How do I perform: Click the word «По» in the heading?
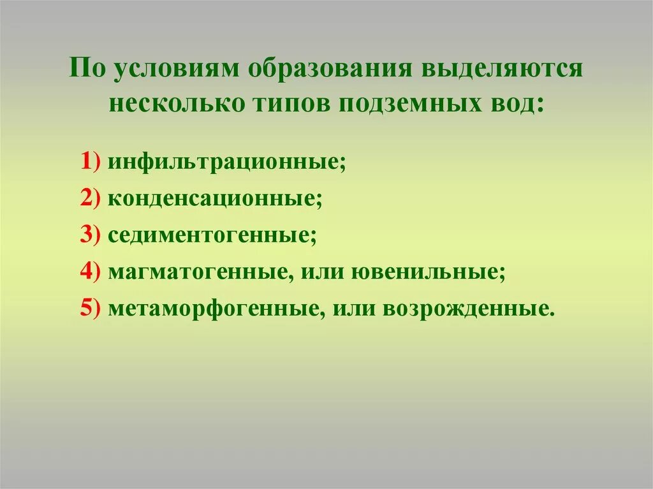click(x=87, y=68)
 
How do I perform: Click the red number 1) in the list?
click(x=89, y=162)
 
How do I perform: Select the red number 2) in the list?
click(x=89, y=199)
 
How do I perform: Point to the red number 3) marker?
click(x=89, y=235)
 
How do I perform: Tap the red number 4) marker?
click(x=89, y=272)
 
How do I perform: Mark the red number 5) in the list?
click(x=89, y=309)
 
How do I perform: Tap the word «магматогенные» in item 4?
click(x=196, y=272)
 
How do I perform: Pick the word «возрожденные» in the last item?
click(x=466, y=309)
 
